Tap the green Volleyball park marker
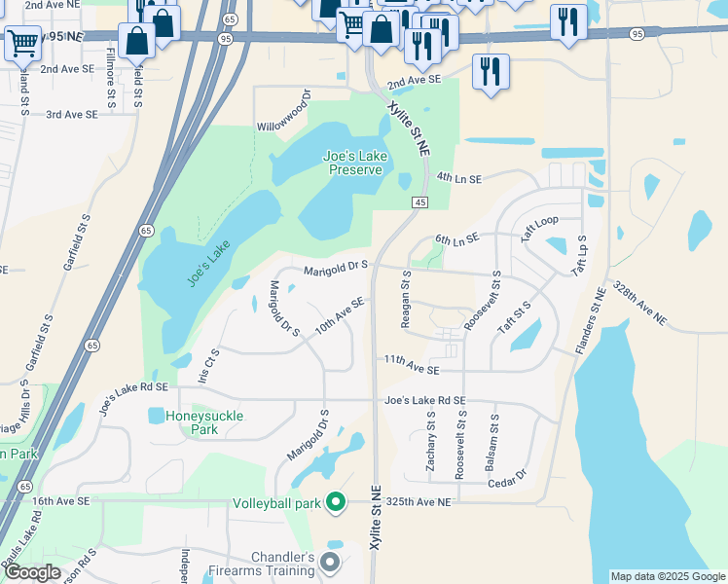336,503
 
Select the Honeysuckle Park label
204,422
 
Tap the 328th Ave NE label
639,306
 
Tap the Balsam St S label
495,436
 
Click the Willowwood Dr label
283,111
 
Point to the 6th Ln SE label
457,238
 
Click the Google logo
32,572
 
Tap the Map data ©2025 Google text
667,576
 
